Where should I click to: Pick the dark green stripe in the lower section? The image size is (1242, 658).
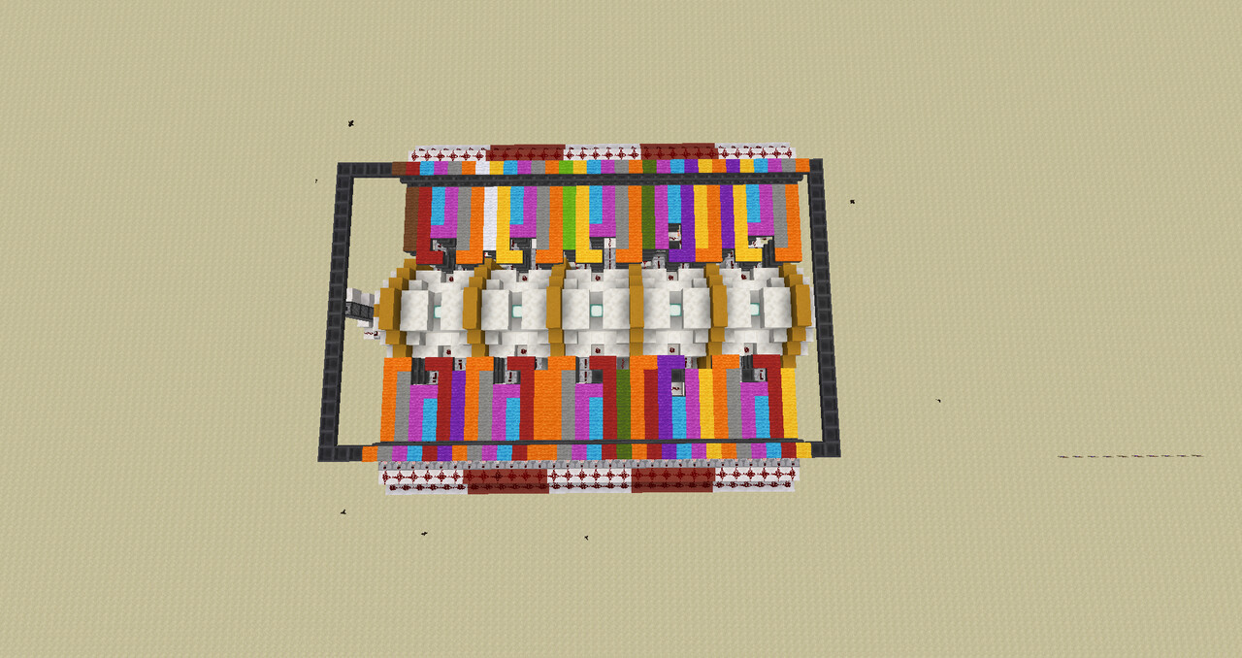point(623,403)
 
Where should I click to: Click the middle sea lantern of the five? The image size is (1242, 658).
point(595,311)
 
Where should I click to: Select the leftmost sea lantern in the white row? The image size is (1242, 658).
point(438,311)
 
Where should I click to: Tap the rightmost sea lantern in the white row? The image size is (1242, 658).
point(754,310)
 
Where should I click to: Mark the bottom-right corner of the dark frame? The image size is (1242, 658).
point(831,449)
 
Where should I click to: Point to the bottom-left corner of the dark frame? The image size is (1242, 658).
point(327,453)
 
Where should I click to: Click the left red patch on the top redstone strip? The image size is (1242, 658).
point(525,152)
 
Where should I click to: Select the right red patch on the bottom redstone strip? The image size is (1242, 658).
point(672,479)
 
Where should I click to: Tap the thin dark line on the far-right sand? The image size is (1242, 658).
point(1130,456)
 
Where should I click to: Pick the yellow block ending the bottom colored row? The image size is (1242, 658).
point(803,450)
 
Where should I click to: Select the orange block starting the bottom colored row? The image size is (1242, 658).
point(370,453)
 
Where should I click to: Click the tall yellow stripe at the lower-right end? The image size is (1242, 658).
point(789,403)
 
